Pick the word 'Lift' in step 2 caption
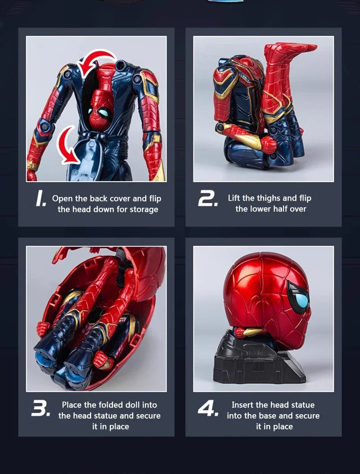(234, 198)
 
